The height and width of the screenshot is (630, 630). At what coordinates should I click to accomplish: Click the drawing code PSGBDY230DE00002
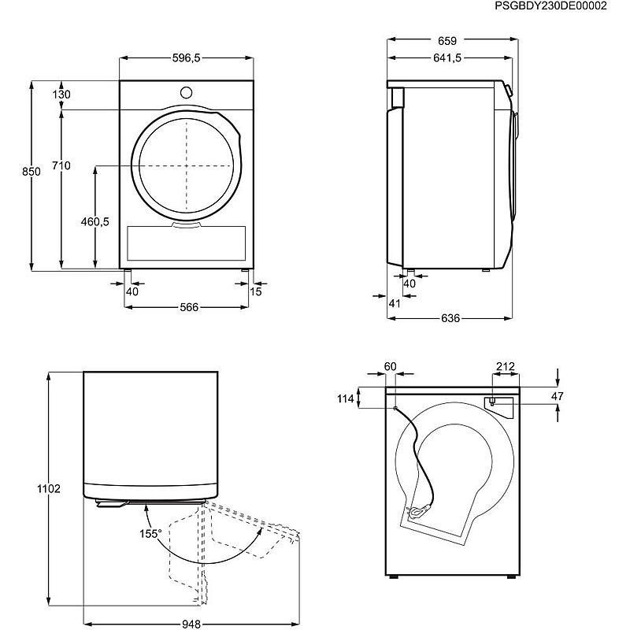click(550, 6)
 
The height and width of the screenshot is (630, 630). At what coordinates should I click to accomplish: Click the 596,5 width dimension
click(186, 57)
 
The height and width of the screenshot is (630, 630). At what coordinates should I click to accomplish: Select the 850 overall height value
click(31, 172)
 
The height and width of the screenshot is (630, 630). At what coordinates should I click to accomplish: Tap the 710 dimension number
click(61, 165)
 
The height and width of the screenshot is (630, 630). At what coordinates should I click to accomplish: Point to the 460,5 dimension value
click(94, 221)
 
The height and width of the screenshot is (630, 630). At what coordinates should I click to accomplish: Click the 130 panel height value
click(61, 94)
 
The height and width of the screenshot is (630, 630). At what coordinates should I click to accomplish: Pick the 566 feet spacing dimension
click(189, 307)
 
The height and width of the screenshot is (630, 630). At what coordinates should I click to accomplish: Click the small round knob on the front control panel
click(186, 92)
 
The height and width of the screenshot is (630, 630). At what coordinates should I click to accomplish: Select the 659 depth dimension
click(447, 41)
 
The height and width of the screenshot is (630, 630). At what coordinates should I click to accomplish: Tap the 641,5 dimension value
click(447, 57)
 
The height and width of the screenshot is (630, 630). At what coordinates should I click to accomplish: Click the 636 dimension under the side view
click(450, 318)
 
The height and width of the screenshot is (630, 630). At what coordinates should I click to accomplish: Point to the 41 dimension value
click(395, 303)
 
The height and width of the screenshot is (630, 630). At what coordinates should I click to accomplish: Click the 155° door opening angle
click(150, 534)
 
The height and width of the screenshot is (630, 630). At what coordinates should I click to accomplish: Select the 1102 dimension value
click(49, 488)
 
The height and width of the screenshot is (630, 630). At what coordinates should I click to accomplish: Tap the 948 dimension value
click(191, 624)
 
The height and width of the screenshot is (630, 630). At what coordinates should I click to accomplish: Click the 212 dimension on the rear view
click(505, 366)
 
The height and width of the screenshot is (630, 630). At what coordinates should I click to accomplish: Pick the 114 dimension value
click(346, 398)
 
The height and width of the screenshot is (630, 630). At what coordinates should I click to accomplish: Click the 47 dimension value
click(557, 396)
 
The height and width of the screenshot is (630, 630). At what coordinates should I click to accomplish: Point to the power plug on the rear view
click(417, 512)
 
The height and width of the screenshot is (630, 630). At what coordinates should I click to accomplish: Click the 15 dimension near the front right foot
click(256, 291)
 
